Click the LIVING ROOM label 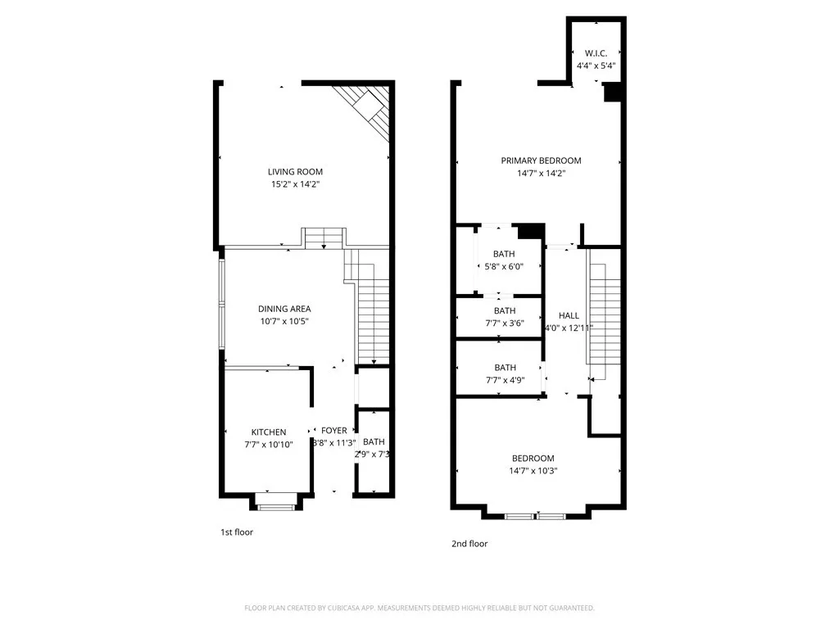295,171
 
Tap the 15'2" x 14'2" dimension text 295,185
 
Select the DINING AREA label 284,309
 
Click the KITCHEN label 268,432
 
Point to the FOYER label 333,431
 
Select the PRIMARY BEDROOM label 541,161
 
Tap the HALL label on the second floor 569,315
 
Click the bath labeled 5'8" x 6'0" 504,254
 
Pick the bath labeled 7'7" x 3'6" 505,311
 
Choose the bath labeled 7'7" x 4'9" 505,368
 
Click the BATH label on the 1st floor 374,442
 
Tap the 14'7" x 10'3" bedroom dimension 533,471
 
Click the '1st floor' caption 237,532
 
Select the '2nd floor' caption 469,543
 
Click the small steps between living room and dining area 324,238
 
